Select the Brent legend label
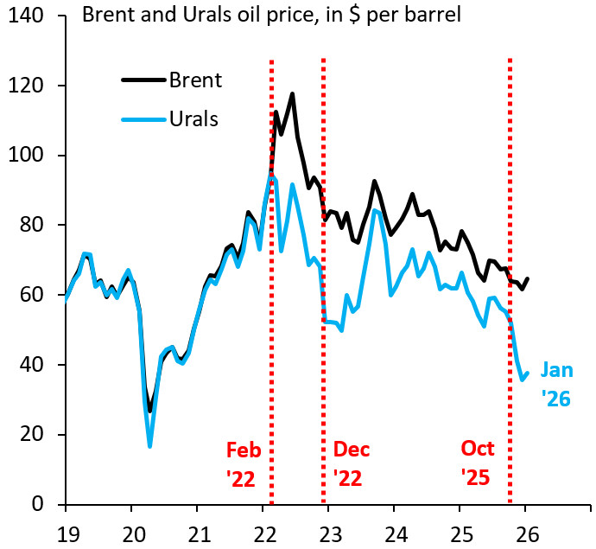coord(195,80)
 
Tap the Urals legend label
coord(194,118)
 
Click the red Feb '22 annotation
coord(243,464)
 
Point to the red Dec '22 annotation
coord(351,464)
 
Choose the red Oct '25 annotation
coord(477,464)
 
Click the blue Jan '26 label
coord(556,385)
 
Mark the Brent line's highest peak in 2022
coord(292,93)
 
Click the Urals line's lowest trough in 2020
coord(150,446)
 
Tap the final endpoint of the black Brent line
coord(528,278)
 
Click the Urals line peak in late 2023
coord(374,210)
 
